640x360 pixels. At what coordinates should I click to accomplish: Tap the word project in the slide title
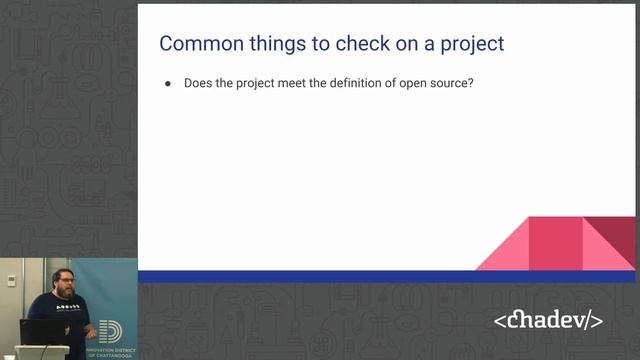(x=469, y=44)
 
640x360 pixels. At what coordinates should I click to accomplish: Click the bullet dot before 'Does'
(x=169, y=83)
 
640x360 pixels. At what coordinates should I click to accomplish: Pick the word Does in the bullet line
(x=198, y=83)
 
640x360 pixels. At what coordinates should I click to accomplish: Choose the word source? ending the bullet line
(x=450, y=83)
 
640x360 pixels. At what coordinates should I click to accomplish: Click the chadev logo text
(x=548, y=321)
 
